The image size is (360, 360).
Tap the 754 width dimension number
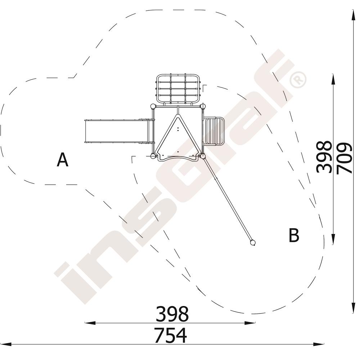coord(170,336)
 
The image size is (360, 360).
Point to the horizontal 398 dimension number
coord(172,314)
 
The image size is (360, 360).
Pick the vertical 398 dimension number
coord(324,157)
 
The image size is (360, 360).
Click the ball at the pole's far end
coord(253,243)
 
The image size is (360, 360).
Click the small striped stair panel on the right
coord(213,131)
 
